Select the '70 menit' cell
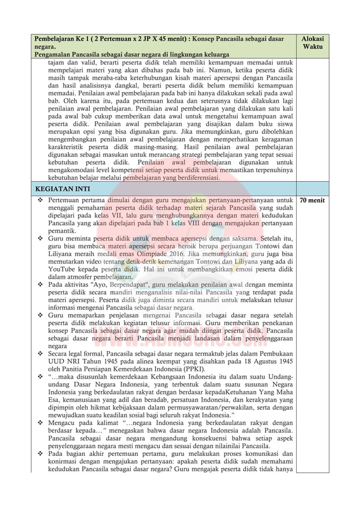312,200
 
